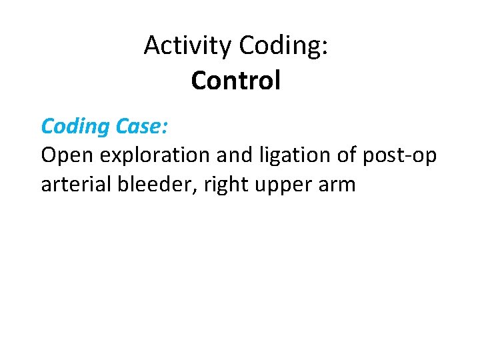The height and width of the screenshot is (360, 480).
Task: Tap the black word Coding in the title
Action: point(280,46)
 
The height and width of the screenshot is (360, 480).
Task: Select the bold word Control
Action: point(235,81)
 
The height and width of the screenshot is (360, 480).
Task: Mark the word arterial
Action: point(76,184)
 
